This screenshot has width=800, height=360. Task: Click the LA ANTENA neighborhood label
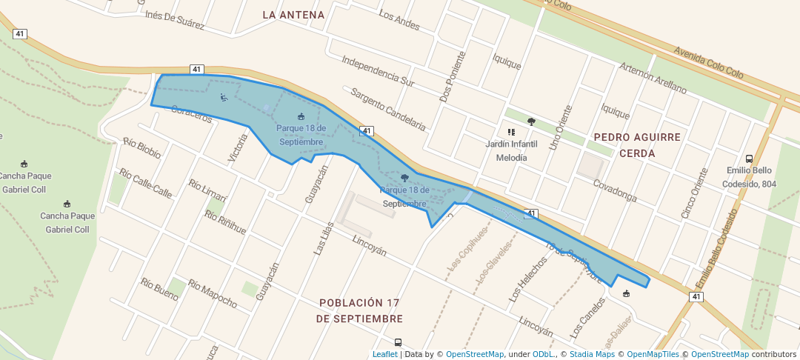[294, 15]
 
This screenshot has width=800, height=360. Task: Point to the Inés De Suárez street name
[175, 19]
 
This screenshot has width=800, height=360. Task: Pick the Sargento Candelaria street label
[388, 110]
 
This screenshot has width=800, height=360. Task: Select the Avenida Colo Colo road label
[708, 62]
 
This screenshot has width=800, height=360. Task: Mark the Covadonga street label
[615, 190]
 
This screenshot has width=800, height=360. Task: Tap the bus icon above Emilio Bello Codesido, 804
[750, 159]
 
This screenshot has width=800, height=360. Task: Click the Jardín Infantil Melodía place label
[511, 151]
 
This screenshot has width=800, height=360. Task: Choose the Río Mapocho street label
[213, 294]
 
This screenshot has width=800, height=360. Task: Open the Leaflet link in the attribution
[384, 354]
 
